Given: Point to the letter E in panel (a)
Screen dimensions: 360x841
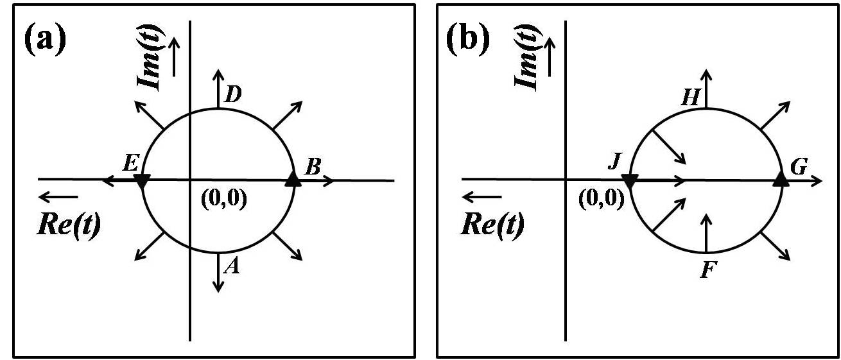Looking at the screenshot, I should (130, 164).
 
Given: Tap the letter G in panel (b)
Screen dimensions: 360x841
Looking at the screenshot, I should (799, 168).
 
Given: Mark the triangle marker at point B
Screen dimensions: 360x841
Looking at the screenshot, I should (293, 179).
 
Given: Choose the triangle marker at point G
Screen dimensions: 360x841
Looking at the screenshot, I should (781, 179).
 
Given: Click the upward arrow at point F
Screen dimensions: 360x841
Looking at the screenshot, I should (706, 232).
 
